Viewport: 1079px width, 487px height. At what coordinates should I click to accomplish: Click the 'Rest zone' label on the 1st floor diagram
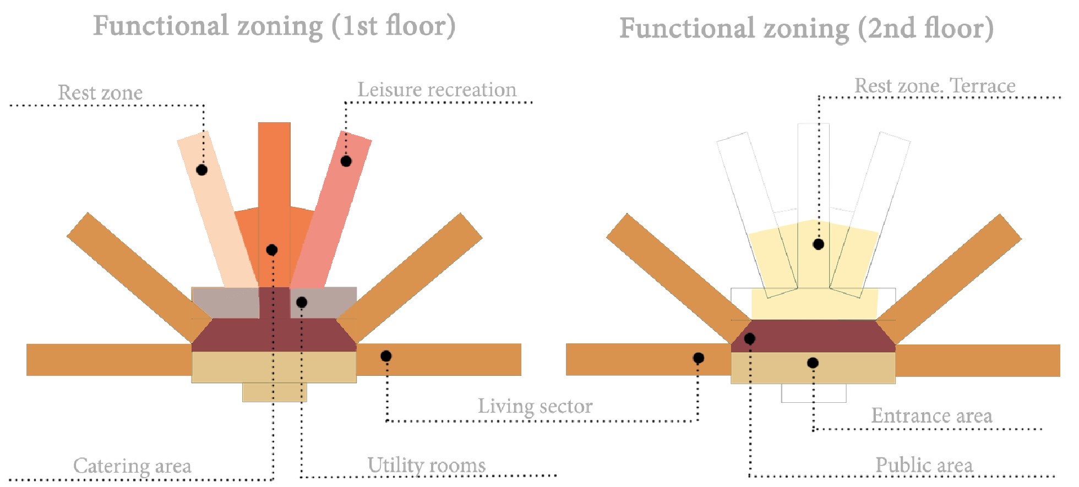click(100, 92)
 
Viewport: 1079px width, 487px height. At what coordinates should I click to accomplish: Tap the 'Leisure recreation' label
click(437, 90)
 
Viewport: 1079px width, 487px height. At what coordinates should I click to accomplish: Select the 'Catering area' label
click(132, 466)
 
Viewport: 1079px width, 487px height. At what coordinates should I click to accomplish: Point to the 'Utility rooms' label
click(427, 465)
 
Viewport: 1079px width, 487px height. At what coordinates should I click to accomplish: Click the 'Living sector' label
click(535, 406)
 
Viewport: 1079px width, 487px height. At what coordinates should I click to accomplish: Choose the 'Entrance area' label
click(931, 415)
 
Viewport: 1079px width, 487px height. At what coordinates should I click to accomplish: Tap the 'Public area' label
click(924, 465)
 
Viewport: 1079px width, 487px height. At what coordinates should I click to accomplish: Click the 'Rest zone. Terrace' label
click(935, 86)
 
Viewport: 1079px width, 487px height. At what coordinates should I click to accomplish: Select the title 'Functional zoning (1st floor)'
click(274, 26)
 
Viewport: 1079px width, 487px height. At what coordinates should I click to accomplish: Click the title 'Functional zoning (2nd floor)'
click(806, 29)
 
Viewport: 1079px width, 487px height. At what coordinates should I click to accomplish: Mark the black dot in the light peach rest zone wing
click(202, 170)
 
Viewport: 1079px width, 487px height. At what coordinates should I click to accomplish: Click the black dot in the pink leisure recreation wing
click(346, 161)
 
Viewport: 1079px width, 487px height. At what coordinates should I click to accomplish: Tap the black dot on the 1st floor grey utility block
click(302, 302)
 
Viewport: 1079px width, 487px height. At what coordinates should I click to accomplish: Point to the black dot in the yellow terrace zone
click(819, 244)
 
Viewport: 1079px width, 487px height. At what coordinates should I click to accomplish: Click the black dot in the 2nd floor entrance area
click(813, 363)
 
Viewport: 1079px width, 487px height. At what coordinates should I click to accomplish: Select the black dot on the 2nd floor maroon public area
click(750, 338)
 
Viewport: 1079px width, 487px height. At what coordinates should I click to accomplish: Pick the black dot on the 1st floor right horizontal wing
click(386, 357)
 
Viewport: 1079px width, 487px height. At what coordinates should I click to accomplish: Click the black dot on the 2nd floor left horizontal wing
click(699, 358)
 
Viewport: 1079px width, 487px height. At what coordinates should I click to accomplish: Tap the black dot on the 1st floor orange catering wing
click(271, 250)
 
